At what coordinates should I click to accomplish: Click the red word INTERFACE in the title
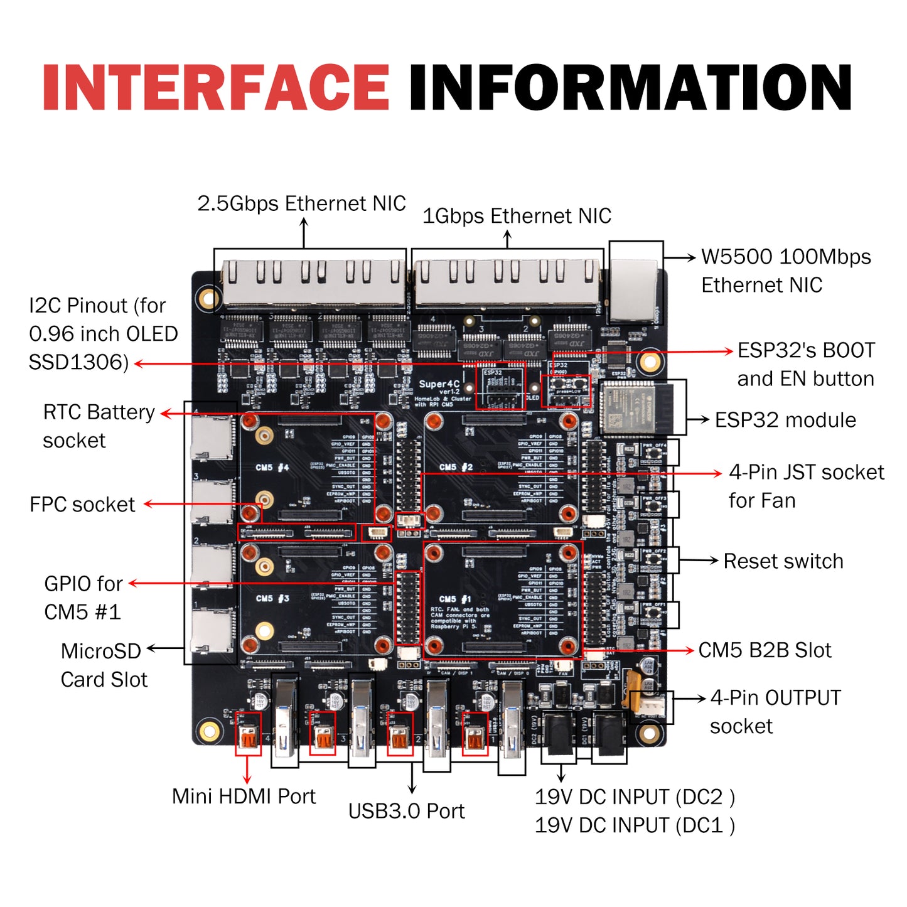(x=216, y=88)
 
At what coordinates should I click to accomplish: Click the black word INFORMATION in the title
(x=630, y=88)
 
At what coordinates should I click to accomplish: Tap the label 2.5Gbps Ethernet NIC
(x=301, y=203)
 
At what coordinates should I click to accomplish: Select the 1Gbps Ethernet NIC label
(x=517, y=216)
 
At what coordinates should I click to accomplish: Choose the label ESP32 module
(x=785, y=420)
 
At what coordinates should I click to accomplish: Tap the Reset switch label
(x=783, y=561)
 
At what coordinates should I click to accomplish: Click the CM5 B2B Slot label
(x=765, y=650)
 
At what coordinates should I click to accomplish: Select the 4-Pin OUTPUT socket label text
(x=775, y=712)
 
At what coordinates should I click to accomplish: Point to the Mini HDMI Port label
(x=244, y=796)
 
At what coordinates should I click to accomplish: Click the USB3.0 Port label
(x=406, y=811)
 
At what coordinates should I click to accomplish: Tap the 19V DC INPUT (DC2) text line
(x=634, y=797)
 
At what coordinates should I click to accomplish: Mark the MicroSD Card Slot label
(x=103, y=665)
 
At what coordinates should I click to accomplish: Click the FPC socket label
(x=82, y=505)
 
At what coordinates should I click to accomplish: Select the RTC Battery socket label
(x=99, y=426)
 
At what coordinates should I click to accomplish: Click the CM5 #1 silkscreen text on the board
(x=456, y=599)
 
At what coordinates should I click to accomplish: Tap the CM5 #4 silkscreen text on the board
(x=272, y=468)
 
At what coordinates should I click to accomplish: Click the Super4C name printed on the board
(x=439, y=384)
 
